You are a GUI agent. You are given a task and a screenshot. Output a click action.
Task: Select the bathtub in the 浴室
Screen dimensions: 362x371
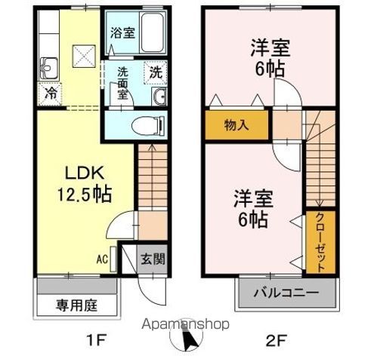(x=150, y=31)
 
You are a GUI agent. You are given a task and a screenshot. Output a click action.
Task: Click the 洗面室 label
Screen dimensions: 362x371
(x=123, y=81)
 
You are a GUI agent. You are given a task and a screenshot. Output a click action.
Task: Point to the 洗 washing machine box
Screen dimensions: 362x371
(x=155, y=73)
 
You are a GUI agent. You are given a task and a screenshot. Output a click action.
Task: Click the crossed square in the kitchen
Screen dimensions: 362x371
(x=81, y=55)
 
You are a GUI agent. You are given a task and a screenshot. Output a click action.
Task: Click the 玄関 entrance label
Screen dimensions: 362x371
(x=151, y=259)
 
